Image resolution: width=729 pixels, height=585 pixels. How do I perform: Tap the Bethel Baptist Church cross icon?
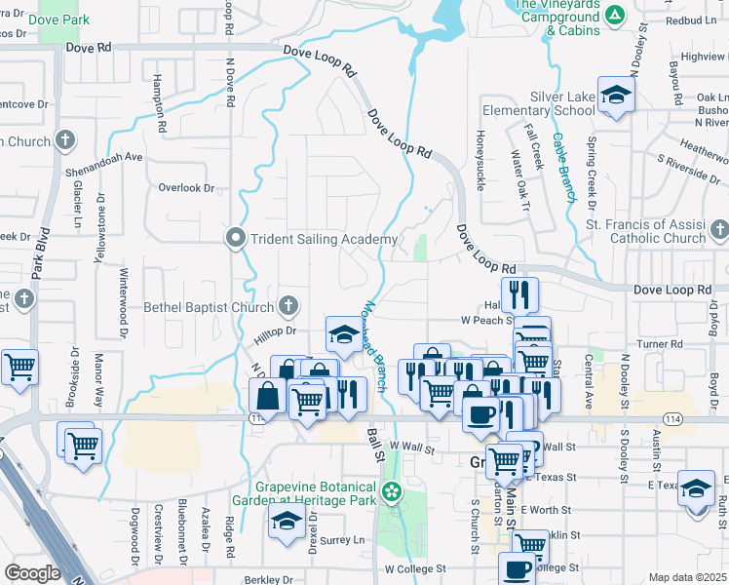[288, 307]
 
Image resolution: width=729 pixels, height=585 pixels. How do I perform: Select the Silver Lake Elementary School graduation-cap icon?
[616, 95]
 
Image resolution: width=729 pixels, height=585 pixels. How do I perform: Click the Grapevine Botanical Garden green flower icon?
[392, 491]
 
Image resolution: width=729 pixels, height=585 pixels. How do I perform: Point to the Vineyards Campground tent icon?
[614, 15]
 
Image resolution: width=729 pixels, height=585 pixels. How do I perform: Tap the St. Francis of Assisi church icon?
[719, 230]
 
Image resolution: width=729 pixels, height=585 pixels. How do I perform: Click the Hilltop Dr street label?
[276, 331]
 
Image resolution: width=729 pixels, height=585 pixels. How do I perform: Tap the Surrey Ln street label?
[343, 539]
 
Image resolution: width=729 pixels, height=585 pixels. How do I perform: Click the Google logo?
[32, 573]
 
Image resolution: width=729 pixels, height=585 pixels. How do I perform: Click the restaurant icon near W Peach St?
[519, 294]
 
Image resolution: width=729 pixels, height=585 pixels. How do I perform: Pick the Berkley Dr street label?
[270, 579]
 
